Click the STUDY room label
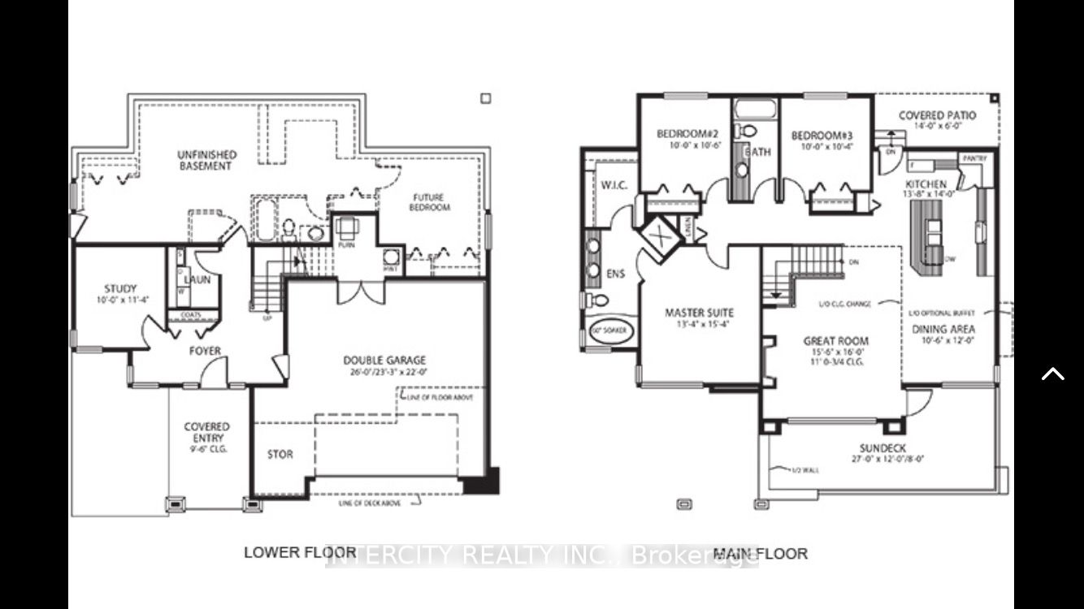[x=120, y=289]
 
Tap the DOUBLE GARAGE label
[x=384, y=361]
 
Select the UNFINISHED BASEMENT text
[x=206, y=160]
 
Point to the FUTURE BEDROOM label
[x=431, y=202]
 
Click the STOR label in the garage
[x=280, y=455]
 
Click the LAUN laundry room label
[x=197, y=279]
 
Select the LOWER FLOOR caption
[x=289, y=553]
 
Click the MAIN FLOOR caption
[x=760, y=554]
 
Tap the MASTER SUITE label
[x=699, y=313]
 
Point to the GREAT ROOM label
[x=835, y=342]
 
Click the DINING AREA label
[x=943, y=330]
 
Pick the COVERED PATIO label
[x=937, y=116]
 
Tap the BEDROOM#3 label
[x=821, y=135]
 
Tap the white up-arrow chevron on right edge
[x=1053, y=374]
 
